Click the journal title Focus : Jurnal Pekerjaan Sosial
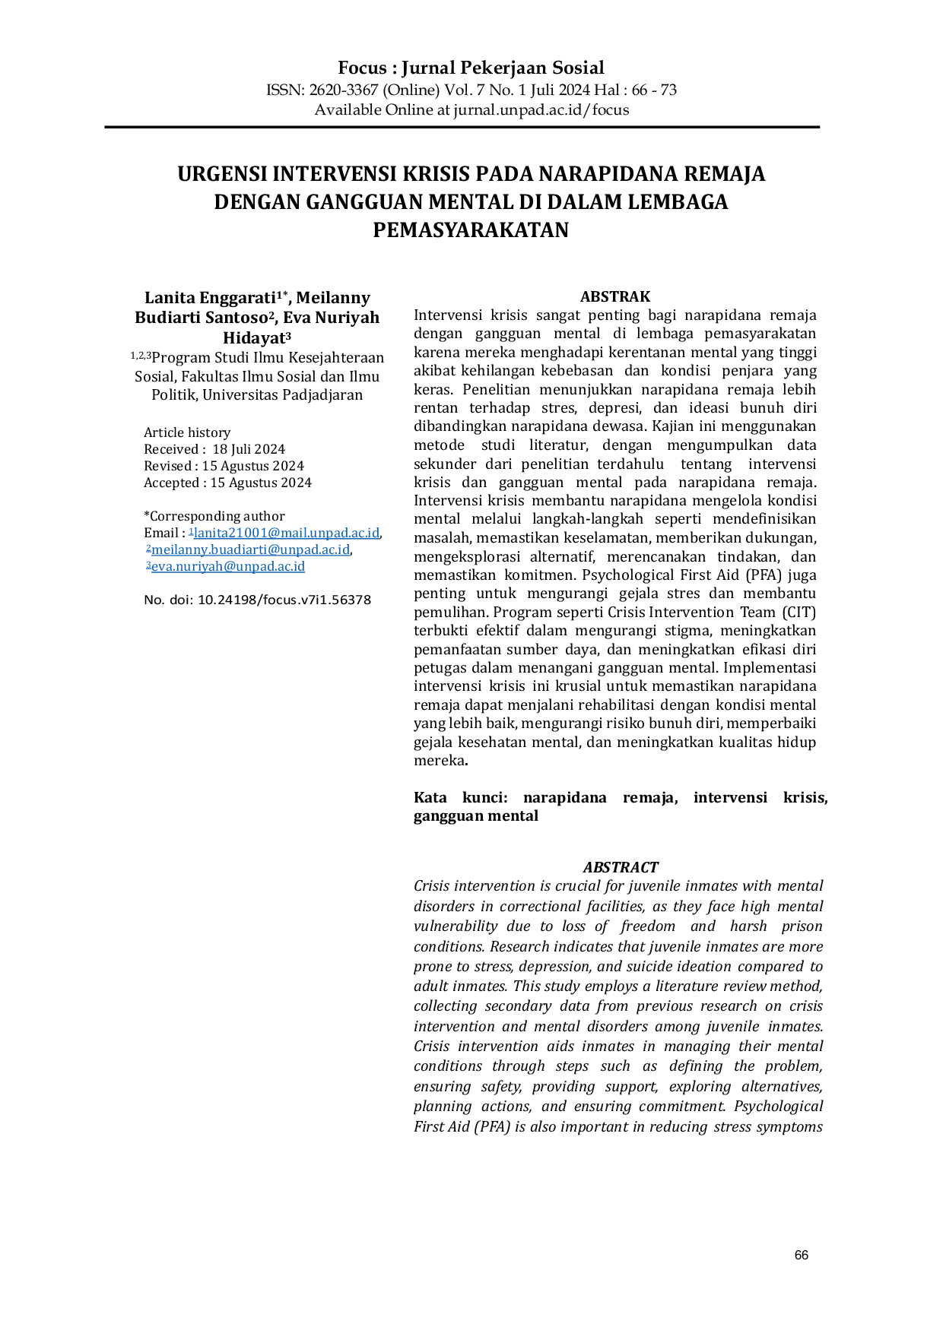(x=471, y=68)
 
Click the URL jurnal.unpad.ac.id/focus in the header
(x=541, y=110)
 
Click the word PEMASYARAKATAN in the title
(x=471, y=230)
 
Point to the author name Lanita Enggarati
(x=210, y=298)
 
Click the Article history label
(x=187, y=432)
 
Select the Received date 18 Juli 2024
(x=249, y=449)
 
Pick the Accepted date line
(x=227, y=483)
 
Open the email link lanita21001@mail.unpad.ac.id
(x=287, y=533)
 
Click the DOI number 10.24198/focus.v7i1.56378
(x=284, y=600)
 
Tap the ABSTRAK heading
(x=615, y=296)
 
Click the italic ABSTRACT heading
(x=621, y=867)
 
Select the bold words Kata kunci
(x=461, y=797)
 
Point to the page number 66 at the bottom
(x=802, y=1255)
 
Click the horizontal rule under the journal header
(x=462, y=127)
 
